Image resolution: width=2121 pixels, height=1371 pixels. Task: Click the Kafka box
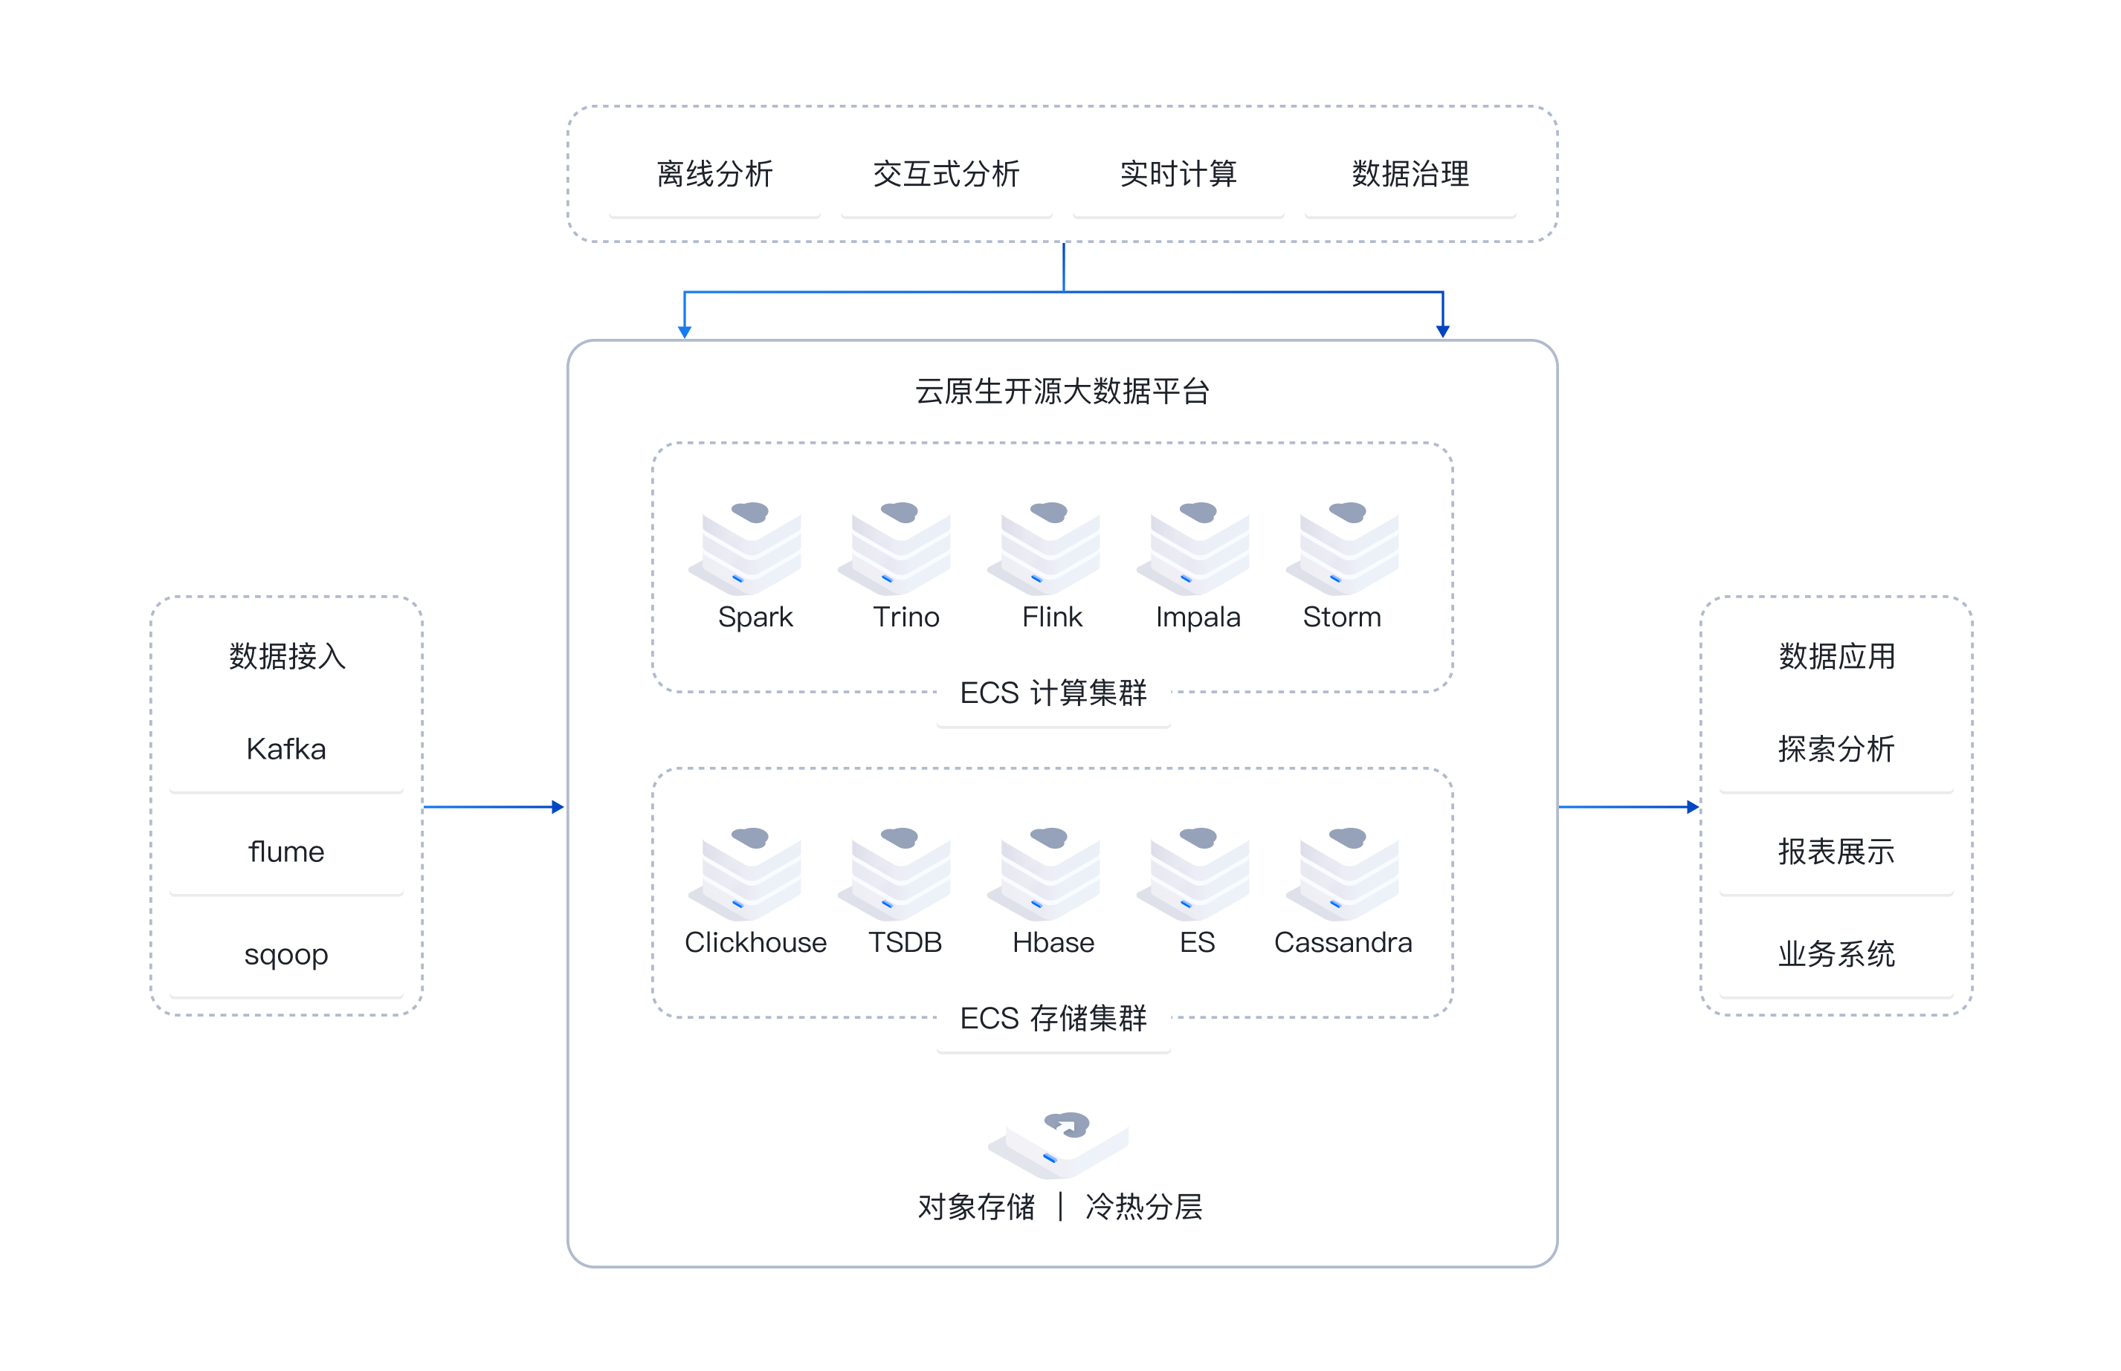(x=285, y=749)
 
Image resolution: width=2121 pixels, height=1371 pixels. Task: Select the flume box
(x=285, y=851)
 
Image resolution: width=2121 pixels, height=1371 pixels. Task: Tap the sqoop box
(x=285, y=953)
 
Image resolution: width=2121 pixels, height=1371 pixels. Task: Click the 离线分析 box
(x=714, y=174)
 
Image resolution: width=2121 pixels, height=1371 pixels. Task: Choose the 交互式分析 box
(x=946, y=174)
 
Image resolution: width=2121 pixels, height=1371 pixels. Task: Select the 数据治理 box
(x=1410, y=174)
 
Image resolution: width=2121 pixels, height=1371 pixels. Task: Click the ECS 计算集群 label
(x=1053, y=693)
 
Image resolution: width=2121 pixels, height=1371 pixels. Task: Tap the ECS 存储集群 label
(x=1053, y=1019)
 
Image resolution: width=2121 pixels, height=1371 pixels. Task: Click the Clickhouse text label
(x=755, y=942)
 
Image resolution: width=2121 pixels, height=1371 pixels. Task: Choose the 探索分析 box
(x=1836, y=749)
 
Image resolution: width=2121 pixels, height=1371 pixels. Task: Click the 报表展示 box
(x=1836, y=851)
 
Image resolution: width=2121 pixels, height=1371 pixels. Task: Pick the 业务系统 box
(x=1836, y=953)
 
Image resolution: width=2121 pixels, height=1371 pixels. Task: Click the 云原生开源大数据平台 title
(x=1062, y=391)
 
